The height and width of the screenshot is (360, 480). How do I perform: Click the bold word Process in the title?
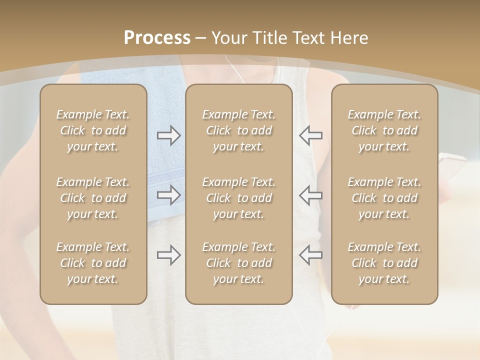[157, 38]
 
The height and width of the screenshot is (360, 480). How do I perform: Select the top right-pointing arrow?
[168, 135]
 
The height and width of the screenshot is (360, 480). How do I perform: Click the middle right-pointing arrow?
[168, 195]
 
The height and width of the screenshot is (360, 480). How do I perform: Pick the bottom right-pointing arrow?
[168, 255]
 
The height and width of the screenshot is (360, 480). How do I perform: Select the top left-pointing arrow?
[310, 135]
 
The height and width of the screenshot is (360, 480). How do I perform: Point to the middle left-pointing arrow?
[310, 195]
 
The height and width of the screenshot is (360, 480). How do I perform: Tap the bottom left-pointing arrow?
[310, 255]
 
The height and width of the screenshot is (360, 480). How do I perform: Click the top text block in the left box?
[93, 130]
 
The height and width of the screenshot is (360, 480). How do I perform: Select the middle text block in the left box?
[93, 198]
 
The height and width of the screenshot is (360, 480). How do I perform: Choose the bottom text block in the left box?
[93, 263]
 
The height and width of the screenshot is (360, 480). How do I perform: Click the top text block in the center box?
[239, 130]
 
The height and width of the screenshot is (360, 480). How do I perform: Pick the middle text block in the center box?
[239, 198]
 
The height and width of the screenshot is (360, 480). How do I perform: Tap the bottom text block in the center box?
[239, 263]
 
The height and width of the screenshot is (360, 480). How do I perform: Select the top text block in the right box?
[384, 130]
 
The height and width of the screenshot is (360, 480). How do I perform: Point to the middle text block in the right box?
[384, 198]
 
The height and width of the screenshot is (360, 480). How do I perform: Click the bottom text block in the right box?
[384, 263]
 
